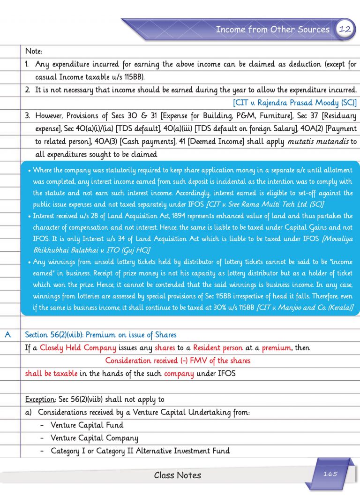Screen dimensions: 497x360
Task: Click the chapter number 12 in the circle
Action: [x=345, y=29]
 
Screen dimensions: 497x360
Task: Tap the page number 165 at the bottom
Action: [x=330, y=474]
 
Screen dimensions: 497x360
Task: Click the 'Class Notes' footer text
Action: [x=177, y=475]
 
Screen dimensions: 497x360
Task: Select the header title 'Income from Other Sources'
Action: [x=272, y=30]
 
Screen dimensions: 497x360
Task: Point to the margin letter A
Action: [x=7, y=335]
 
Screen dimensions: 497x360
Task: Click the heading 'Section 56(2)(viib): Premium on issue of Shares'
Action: [x=100, y=335]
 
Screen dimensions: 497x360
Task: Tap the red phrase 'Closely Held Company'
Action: [x=78, y=348]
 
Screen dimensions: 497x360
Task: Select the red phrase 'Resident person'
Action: [x=218, y=348]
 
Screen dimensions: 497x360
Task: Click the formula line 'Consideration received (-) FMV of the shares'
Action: [x=178, y=361]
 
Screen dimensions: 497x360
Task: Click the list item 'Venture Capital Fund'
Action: [x=87, y=425]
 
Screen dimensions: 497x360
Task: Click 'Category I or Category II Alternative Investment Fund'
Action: [x=140, y=451]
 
